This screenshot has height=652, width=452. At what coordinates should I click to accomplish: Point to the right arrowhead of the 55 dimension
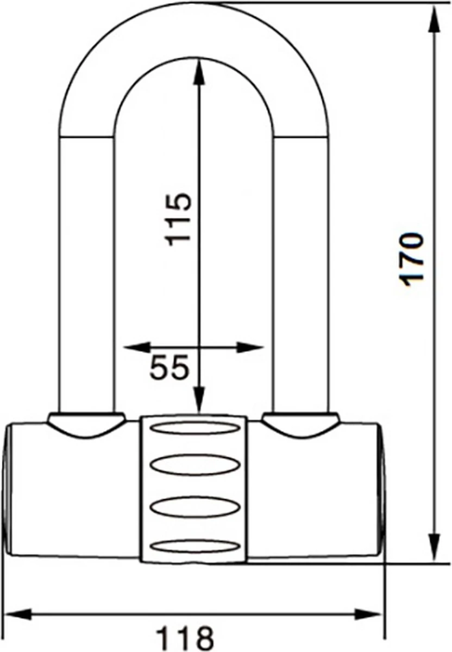pos(251,347)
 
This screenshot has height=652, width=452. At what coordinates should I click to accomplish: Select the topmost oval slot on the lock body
pos(194,428)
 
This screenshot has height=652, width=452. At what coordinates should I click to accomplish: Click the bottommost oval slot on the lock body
pos(194,546)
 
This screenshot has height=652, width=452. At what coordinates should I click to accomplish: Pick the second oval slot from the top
pos(194,466)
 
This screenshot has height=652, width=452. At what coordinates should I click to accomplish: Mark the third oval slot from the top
pos(194,506)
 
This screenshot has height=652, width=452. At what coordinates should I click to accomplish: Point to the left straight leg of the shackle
pos(87,272)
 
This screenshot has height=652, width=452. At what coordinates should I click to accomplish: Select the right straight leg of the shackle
pos(300,272)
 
